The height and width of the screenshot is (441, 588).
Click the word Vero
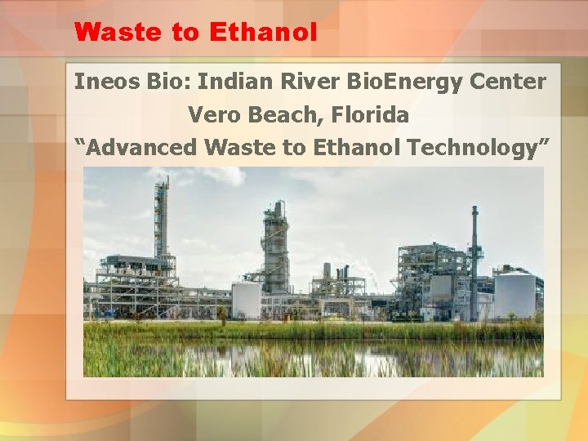[213, 115]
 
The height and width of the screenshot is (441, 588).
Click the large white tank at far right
[515, 295]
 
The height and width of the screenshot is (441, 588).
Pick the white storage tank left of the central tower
[247, 300]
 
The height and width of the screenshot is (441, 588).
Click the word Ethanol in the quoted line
[358, 148]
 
